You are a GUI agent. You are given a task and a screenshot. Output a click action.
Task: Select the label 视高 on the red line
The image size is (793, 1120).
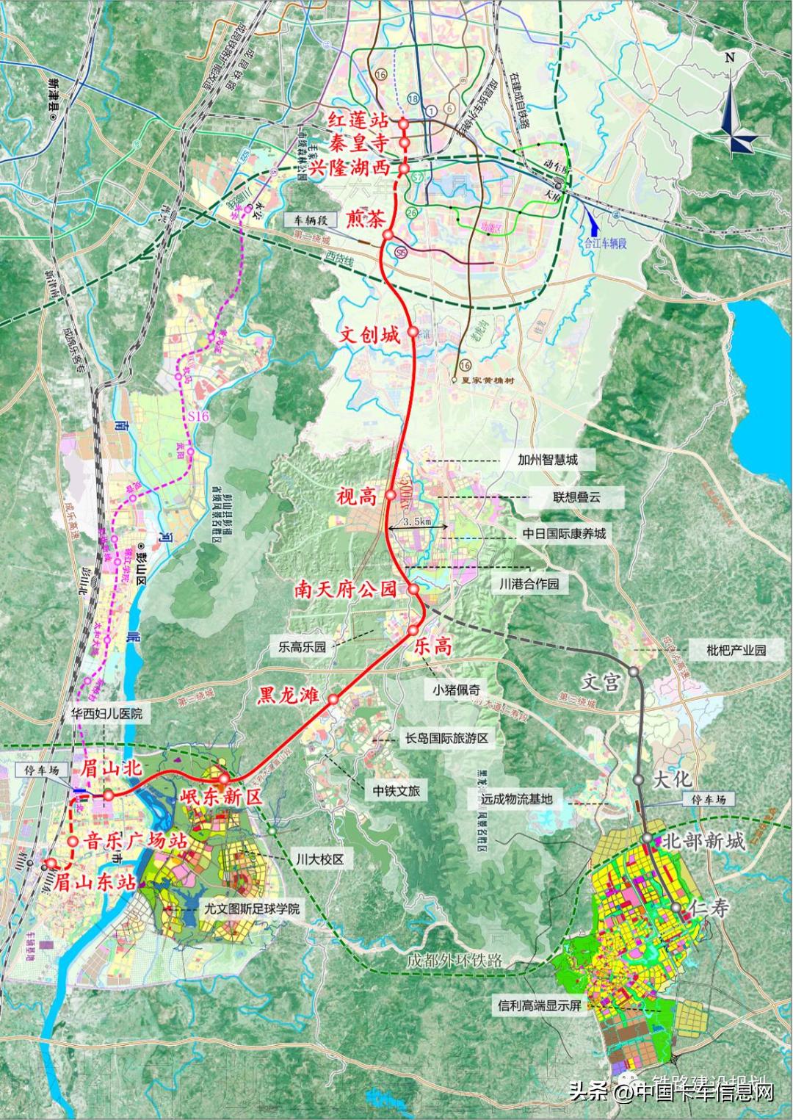pos(356,497)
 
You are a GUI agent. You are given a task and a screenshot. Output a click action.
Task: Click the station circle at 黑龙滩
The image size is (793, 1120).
pos(333,700)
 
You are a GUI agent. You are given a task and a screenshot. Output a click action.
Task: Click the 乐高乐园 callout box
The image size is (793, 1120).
pos(302,647)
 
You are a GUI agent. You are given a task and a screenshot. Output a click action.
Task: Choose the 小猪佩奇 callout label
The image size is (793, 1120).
pos(455,689)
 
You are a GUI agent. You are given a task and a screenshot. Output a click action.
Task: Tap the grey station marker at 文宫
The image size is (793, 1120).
pos(632,672)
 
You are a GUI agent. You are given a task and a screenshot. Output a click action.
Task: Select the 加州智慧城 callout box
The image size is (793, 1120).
pos(548,460)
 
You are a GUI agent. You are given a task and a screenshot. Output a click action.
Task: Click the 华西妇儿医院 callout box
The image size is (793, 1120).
pos(107,712)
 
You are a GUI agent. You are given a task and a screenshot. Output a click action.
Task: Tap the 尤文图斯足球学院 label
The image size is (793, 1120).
pos(253,908)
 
